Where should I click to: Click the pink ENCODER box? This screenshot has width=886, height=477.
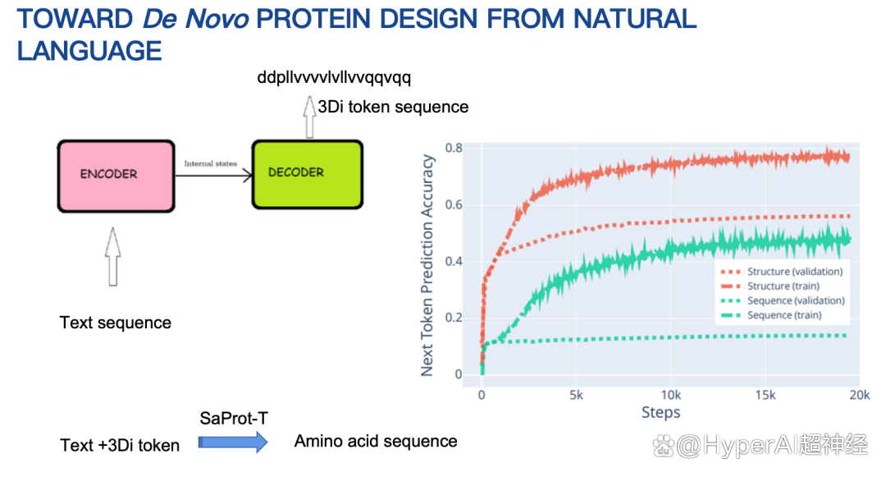116,177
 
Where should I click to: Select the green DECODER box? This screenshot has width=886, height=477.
308,175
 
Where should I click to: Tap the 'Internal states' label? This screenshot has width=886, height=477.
210,164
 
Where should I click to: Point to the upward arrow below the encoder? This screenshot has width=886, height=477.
113,257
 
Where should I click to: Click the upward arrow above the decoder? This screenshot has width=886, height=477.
309,117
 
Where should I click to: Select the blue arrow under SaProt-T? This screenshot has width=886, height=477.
233,442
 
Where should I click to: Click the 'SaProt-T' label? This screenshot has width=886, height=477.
234,418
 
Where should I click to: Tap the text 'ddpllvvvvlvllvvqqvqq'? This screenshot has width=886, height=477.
334,77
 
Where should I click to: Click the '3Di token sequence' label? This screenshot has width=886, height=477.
393,107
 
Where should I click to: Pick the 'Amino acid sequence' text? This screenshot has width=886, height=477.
376,441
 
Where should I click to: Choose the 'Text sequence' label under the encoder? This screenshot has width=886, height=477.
116,323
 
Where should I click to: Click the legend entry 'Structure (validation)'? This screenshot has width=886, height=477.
782,271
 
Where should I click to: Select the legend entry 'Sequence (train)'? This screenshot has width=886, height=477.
771,314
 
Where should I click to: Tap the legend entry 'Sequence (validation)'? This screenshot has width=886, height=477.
783,300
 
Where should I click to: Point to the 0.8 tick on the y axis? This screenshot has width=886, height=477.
454,148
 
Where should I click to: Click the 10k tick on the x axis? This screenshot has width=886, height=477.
671,395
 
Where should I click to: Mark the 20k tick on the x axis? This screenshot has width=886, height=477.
860,395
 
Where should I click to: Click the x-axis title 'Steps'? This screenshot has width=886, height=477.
660,412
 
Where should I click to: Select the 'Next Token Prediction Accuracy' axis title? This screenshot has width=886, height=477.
427,266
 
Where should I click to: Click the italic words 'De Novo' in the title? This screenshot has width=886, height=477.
195,19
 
